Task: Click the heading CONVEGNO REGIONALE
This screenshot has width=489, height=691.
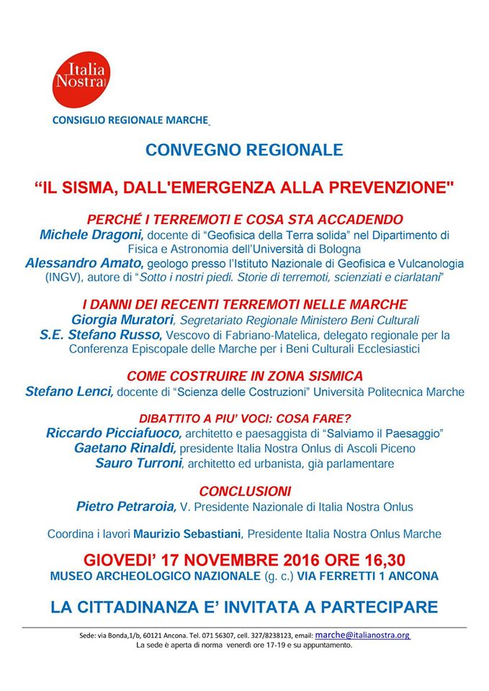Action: click(244, 150)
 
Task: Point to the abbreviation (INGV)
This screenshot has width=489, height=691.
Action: click(45, 277)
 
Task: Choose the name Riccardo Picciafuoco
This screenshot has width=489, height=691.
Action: click(114, 433)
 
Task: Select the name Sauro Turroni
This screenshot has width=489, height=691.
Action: click(138, 463)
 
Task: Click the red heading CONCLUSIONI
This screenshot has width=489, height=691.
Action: click(245, 492)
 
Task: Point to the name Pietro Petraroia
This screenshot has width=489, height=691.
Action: click(126, 507)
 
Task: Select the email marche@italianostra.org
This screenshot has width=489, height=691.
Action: click(362, 636)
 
